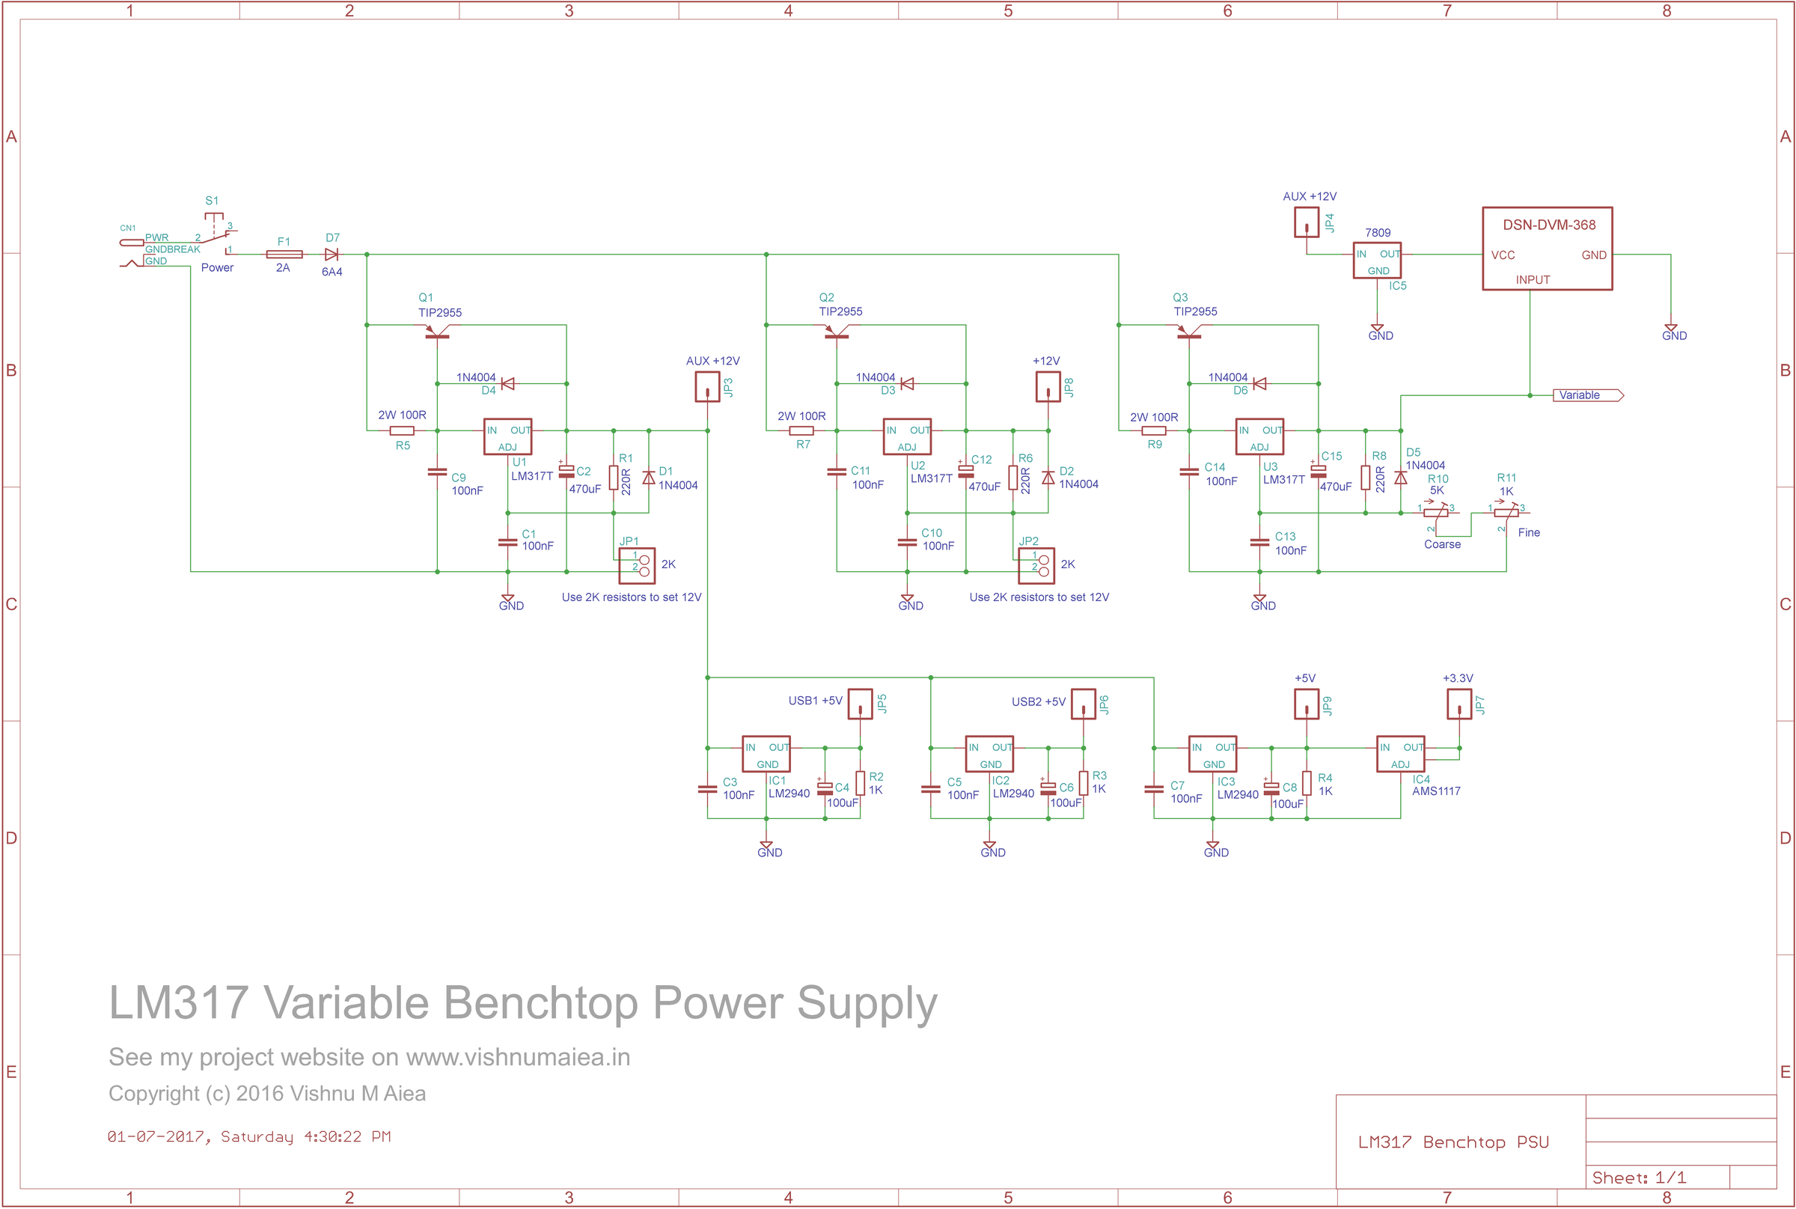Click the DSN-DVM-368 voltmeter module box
tap(1546, 249)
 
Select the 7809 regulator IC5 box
tap(1377, 261)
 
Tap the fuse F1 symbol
tap(284, 255)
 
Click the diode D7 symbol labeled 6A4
tap(332, 255)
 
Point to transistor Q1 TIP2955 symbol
tap(437, 331)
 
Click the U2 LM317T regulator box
tap(906, 437)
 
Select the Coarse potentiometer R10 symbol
tap(1435, 512)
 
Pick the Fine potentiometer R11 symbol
tap(1506, 512)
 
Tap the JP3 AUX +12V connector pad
tap(707, 387)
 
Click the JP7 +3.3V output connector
tap(1459, 704)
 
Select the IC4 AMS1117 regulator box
tap(1400, 754)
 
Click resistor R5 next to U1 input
tap(402, 431)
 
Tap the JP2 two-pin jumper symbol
tap(1036, 565)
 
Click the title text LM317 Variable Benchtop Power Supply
tap(522, 1003)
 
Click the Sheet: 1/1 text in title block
tap(1639, 1178)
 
